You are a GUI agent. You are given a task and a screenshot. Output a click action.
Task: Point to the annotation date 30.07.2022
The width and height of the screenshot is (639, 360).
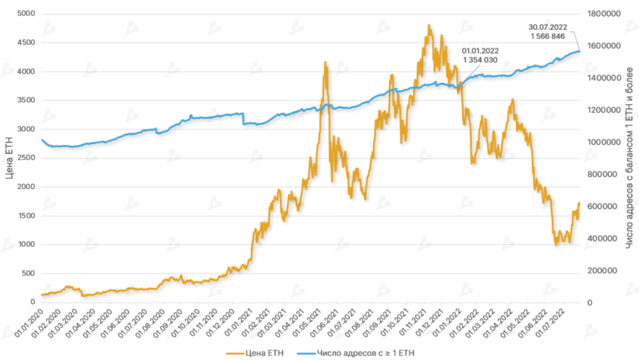click(x=547, y=27)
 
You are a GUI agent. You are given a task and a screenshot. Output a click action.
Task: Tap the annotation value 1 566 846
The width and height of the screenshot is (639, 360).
click(x=547, y=37)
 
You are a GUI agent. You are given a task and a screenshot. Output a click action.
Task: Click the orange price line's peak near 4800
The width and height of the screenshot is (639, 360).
click(x=429, y=26)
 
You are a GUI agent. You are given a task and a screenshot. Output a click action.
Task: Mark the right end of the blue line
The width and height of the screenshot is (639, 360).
click(x=579, y=51)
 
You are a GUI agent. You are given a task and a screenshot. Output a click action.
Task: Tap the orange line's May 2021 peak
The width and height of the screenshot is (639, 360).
click(x=325, y=62)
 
